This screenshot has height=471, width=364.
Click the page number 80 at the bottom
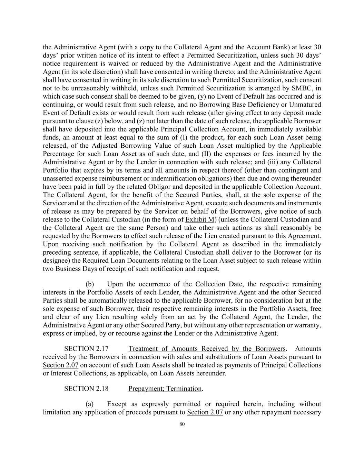(x=182, y=424)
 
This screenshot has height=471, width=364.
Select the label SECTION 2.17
(x=86, y=349)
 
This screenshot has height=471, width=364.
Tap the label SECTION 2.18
(x=86, y=389)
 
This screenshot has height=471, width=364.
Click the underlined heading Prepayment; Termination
(x=165, y=389)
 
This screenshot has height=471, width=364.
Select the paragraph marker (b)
(x=90, y=284)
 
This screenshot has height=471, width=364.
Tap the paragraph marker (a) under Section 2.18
(x=90, y=404)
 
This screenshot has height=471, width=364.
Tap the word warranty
(x=309, y=325)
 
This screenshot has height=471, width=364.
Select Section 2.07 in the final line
(x=205, y=412)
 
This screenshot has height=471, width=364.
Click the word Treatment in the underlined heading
(x=142, y=349)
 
